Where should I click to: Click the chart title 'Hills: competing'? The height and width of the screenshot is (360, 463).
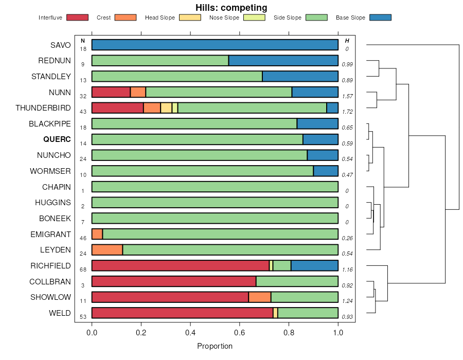click(x=231, y=8)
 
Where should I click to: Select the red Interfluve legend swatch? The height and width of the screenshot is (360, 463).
click(x=77, y=17)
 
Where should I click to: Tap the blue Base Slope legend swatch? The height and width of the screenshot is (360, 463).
click(x=380, y=17)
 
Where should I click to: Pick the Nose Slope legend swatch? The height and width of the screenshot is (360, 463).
click(x=254, y=17)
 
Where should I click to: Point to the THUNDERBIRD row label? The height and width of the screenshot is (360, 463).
click(x=43, y=108)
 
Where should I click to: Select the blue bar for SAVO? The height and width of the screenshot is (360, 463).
click(x=215, y=45)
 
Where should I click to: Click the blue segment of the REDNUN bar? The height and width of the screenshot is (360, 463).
click(x=283, y=61)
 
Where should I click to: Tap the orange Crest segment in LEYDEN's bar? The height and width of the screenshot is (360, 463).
click(x=107, y=250)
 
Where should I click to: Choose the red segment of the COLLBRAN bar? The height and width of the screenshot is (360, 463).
click(x=173, y=281)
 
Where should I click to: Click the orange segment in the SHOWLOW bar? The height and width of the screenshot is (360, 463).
click(x=259, y=297)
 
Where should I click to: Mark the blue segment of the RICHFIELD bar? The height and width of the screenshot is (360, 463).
click(x=314, y=265)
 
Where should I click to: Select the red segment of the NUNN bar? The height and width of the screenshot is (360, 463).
click(x=111, y=92)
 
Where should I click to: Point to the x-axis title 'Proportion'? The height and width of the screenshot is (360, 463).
click(x=215, y=346)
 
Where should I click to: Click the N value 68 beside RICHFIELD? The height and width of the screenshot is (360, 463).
click(x=83, y=269)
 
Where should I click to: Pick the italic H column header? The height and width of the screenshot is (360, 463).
click(x=347, y=41)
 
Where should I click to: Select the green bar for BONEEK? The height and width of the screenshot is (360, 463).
click(x=215, y=218)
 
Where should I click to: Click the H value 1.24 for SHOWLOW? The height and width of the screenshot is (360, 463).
click(x=347, y=301)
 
